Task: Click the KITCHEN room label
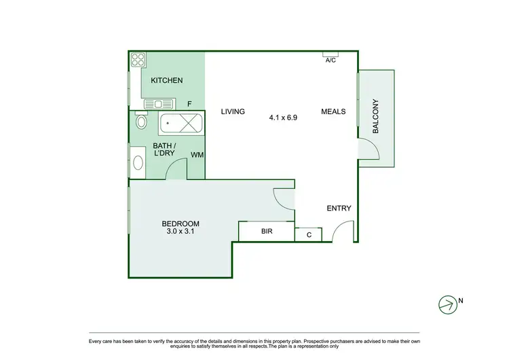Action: click(166, 81)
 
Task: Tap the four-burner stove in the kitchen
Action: click(138, 60)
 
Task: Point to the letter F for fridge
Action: click(190, 105)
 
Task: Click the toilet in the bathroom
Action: click(140, 122)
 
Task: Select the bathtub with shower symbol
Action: click(181, 124)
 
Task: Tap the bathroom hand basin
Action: click(138, 163)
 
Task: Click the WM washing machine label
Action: click(197, 156)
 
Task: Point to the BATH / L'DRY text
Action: click(164, 150)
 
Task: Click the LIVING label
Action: click(232, 112)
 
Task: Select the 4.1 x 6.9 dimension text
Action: click(283, 118)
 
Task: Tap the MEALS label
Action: click(333, 112)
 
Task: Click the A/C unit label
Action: click(331, 60)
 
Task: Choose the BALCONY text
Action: click(375, 116)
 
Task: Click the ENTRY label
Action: click(339, 209)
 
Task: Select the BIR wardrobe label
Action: click(267, 232)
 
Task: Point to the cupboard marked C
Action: click(308, 234)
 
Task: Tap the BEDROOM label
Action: click(181, 224)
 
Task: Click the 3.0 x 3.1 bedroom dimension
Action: click(181, 232)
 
